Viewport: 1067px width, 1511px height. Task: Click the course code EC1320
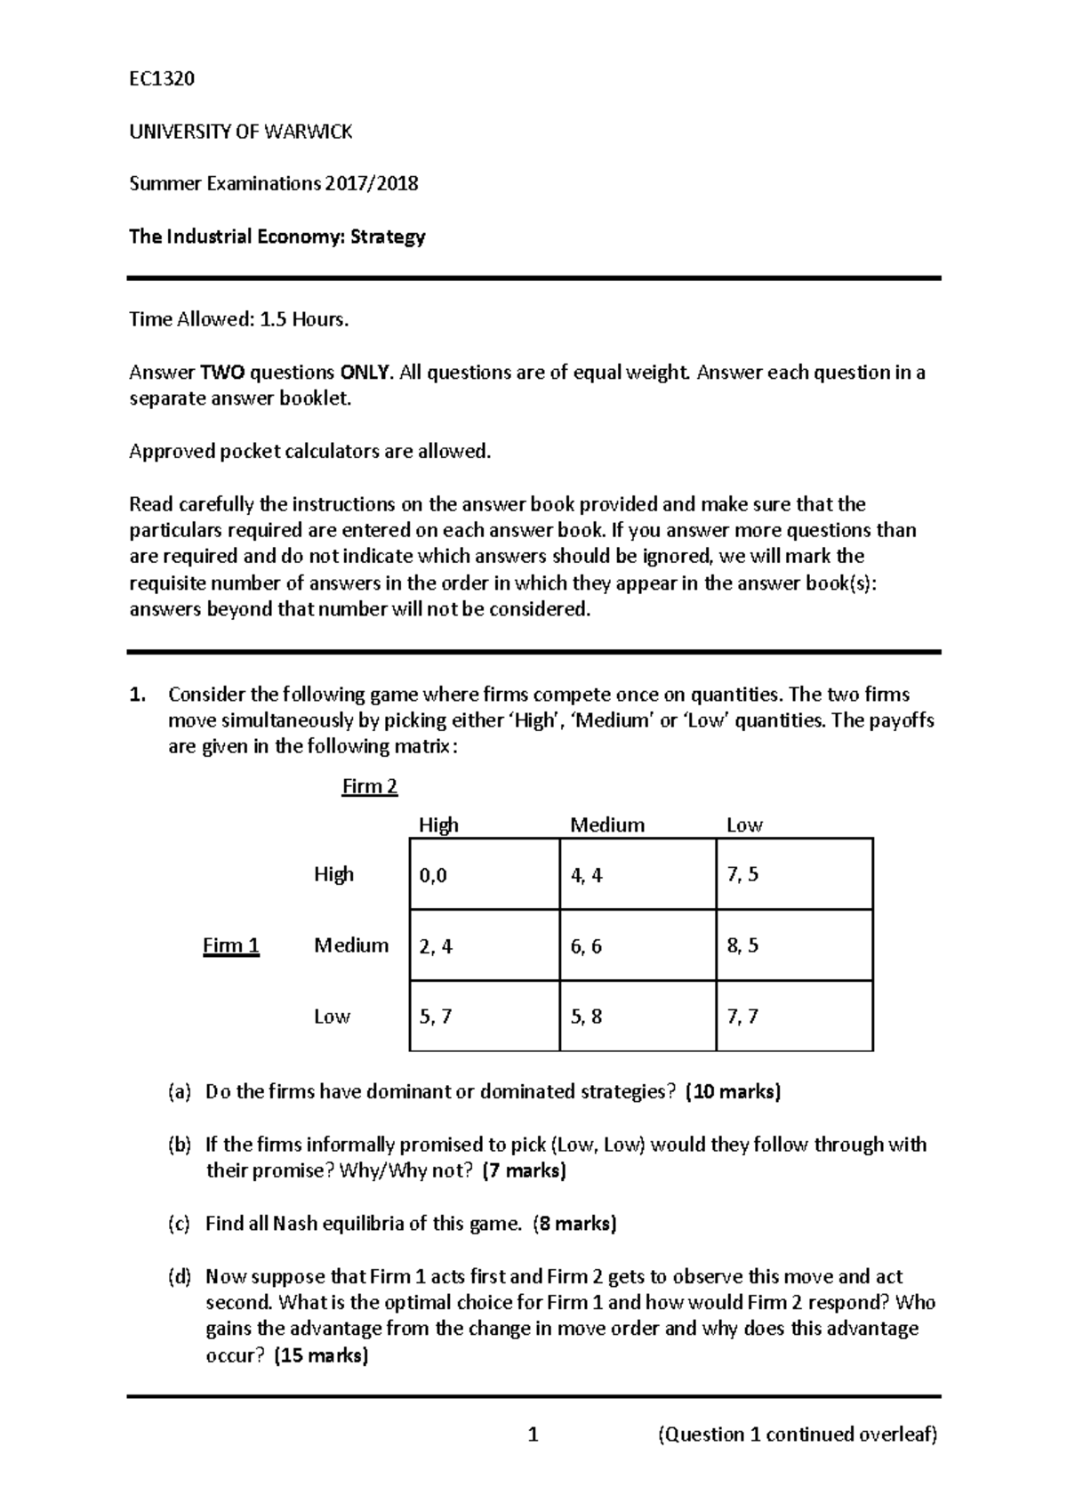[x=162, y=79]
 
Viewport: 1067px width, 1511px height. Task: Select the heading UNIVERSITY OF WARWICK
[x=241, y=132]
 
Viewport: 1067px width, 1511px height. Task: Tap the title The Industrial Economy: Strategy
[x=277, y=237]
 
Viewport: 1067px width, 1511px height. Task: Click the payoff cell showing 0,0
[x=484, y=874]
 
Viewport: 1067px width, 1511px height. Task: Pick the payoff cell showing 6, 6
[x=637, y=945]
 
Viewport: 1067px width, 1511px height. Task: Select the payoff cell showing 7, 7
[x=794, y=1016]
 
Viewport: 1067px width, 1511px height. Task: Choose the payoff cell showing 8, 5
[x=794, y=945]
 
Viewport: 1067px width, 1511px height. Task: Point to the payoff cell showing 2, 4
[x=484, y=945]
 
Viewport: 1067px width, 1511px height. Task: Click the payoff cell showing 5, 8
[x=637, y=1016]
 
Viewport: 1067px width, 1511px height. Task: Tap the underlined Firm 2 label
[x=370, y=787]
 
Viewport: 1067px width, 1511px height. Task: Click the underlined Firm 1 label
[x=231, y=945]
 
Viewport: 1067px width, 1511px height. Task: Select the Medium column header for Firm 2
[x=607, y=824]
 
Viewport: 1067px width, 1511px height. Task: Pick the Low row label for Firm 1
[x=332, y=1016]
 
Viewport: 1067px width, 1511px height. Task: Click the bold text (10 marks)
[x=733, y=1092]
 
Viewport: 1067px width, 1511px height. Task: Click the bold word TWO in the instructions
[x=222, y=373]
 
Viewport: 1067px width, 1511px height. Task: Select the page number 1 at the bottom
[x=533, y=1435]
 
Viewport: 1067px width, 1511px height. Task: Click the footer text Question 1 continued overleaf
[x=798, y=1435]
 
